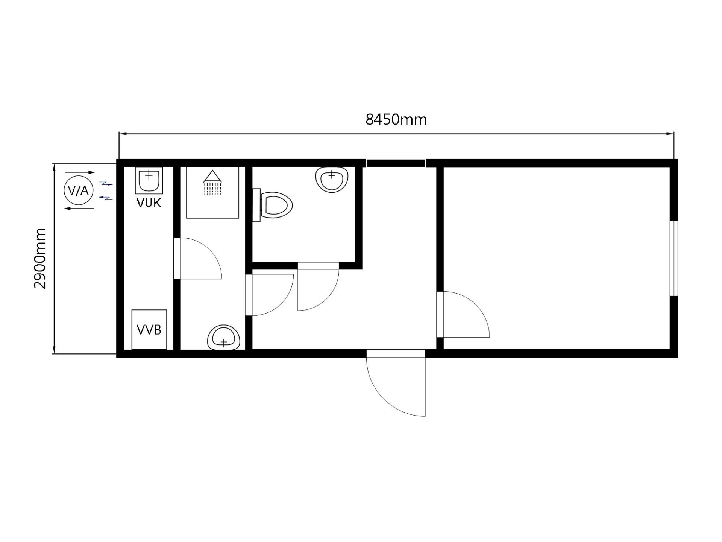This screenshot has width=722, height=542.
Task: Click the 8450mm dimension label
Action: (x=396, y=120)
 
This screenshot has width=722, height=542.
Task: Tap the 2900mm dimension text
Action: (x=40, y=258)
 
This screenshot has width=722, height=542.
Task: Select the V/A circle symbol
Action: (x=78, y=190)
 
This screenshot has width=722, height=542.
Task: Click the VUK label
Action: (x=149, y=203)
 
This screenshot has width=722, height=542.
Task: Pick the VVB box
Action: (x=149, y=329)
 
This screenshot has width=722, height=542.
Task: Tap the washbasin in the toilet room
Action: (x=332, y=180)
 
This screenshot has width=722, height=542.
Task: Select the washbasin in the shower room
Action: (x=224, y=338)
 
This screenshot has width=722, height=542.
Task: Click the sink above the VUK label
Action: (x=149, y=180)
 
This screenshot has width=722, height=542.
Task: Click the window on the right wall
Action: (x=674, y=258)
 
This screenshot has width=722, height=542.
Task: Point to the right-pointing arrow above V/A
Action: (x=80, y=172)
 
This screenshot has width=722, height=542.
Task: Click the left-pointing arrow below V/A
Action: (x=79, y=209)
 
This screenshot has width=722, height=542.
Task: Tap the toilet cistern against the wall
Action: (x=256, y=205)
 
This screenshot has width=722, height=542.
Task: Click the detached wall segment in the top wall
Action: (x=396, y=163)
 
